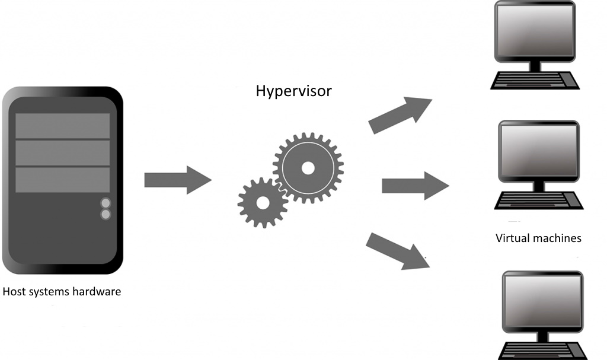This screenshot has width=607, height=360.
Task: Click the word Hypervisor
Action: (x=294, y=91)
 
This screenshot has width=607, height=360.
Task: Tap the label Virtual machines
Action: (x=538, y=238)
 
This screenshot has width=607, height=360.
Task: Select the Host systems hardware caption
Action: (x=62, y=291)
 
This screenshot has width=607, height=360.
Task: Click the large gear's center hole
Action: (x=308, y=168)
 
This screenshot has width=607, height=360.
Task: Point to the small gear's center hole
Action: (x=263, y=203)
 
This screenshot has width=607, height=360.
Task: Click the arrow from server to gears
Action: (x=178, y=180)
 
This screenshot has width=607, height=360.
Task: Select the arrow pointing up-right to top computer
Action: (x=400, y=114)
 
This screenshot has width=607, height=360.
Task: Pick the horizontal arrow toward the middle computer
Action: (x=416, y=186)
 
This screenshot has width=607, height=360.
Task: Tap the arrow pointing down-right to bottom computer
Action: (x=398, y=251)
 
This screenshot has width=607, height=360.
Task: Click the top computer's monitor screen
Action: (x=535, y=31)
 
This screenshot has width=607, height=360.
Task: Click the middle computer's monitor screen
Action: (x=539, y=151)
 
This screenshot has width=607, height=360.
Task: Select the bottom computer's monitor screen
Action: (x=543, y=301)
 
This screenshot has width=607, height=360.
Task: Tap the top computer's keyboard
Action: (x=535, y=81)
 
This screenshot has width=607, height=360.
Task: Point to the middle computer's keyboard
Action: (x=539, y=200)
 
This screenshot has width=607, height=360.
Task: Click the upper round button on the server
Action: (x=106, y=203)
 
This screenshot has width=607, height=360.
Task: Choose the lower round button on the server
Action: (x=106, y=214)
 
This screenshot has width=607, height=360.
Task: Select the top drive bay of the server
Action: (x=63, y=126)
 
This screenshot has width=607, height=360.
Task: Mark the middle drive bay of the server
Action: (x=63, y=152)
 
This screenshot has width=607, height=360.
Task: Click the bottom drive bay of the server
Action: (x=63, y=180)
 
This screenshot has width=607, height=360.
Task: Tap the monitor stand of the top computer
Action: (x=535, y=66)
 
